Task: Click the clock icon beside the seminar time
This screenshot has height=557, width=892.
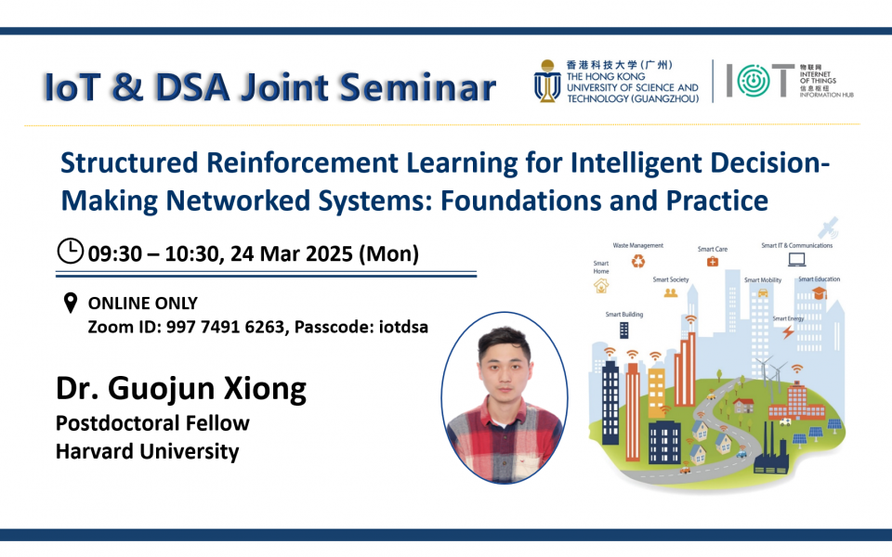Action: click(71, 252)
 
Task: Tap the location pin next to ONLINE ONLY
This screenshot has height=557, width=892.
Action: click(70, 303)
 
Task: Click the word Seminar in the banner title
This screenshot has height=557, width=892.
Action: click(418, 87)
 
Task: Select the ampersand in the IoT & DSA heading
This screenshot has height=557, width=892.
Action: click(127, 87)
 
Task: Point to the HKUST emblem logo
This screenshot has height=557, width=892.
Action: click(547, 82)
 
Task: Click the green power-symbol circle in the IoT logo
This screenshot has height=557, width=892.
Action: click(754, 81)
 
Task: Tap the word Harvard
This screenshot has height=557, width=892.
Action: click(95, 451)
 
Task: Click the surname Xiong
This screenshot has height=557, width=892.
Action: click(265, 389)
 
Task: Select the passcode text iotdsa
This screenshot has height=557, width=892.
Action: click(403, 327)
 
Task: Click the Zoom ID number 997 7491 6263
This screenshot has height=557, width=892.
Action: click(225, 327)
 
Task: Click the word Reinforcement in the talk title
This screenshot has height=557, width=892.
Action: click(302, 163)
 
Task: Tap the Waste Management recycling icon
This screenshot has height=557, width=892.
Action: click(638, 261)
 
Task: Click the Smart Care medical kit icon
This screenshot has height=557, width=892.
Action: click(713, 262)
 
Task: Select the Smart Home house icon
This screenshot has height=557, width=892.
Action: click(601, 285)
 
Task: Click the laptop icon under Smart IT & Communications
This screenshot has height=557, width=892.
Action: click(796, 259)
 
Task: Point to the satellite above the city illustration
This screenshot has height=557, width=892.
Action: click(828, 227)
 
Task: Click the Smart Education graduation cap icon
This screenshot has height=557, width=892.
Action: click(820, 292)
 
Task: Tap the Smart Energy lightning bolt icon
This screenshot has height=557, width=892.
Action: click(788, 331)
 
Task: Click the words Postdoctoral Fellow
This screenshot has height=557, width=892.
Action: click(152, 423)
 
